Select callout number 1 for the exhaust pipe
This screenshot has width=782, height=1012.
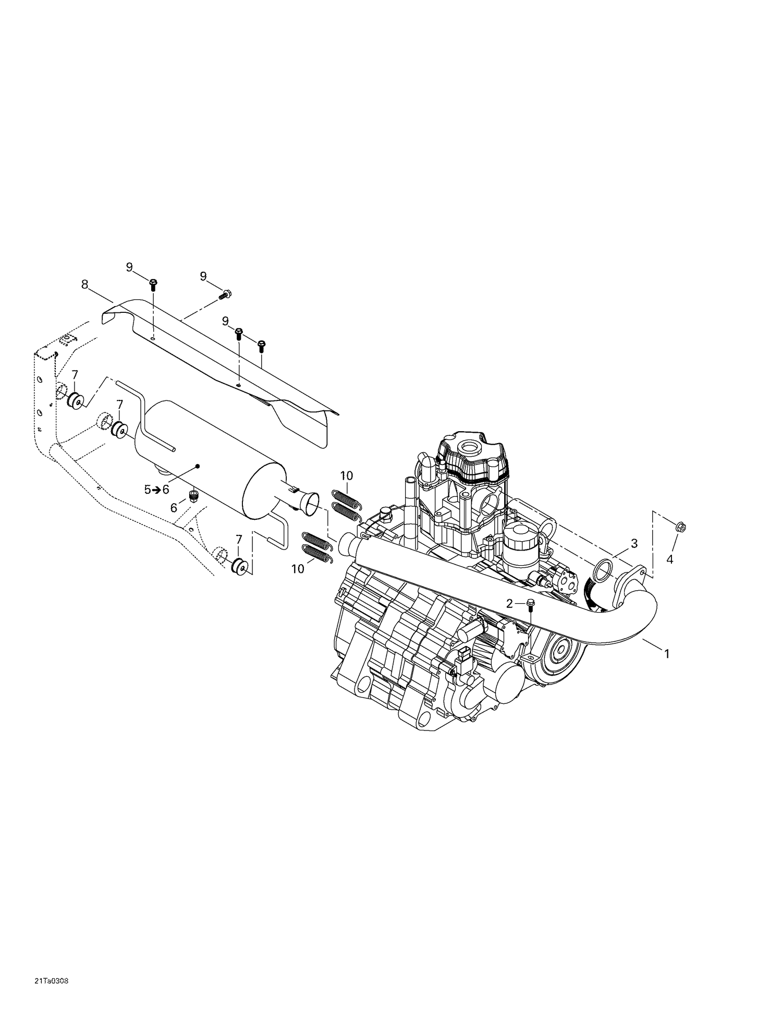tap(666, 653)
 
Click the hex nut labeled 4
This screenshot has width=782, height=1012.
tap(680, 527)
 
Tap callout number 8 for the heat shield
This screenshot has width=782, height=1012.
tap(85, 284)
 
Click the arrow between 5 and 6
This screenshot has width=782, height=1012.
tap(156, 490)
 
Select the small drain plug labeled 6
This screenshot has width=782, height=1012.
tap(194, 494)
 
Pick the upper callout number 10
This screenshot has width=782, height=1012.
tap(347, 475)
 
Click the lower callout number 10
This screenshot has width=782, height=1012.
tap(298, 569)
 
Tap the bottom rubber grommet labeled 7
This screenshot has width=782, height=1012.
tap(240, 566)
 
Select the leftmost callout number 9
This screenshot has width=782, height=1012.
tap(129, 267)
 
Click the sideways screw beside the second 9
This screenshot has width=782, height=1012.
tap(225, 295)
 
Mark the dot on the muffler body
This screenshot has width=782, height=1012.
tap(198, 465)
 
